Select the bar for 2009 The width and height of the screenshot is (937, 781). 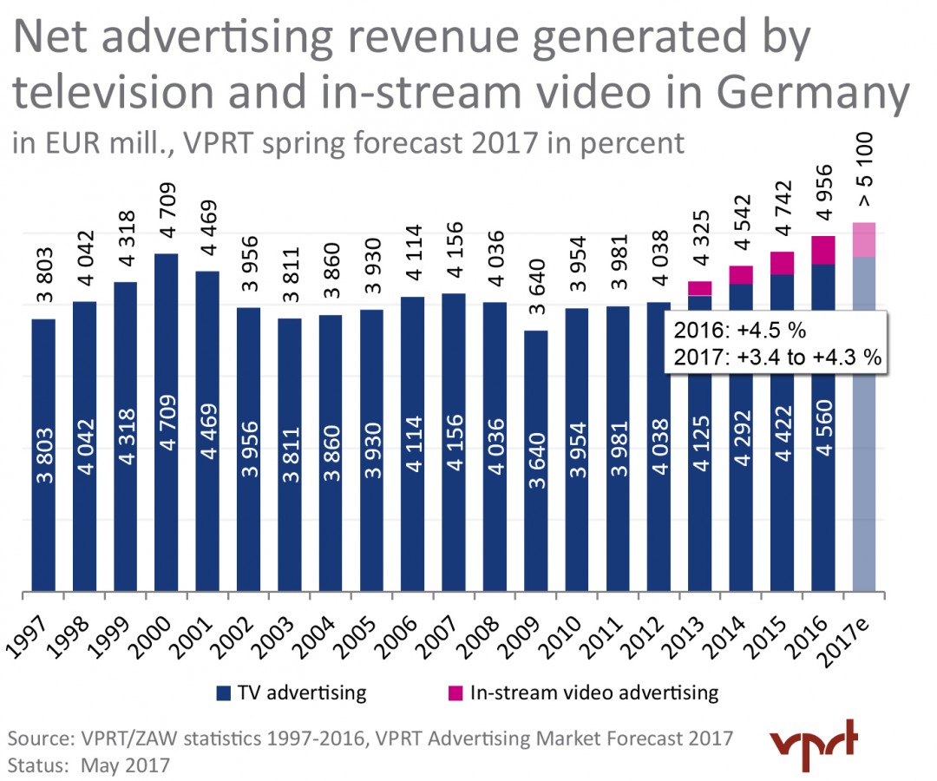pyautogui.click(x=535, y=461)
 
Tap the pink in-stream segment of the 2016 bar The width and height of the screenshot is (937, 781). pyautogui.click(x=824, y=250)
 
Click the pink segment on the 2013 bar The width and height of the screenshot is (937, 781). pyautogui.click(x=699, y=288)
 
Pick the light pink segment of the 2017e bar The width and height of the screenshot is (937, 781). pyautogui.click(x=865, y=240)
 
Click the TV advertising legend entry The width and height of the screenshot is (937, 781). pyautogui.click(x=291, y=692)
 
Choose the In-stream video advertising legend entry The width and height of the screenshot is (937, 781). pyautogui.click(x=584, y=692)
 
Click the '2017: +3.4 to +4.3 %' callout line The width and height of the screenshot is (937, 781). pyautogui.click(x=776, y=356)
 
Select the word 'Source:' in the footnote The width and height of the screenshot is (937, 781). pyautogui.click(x=40, y=739)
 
